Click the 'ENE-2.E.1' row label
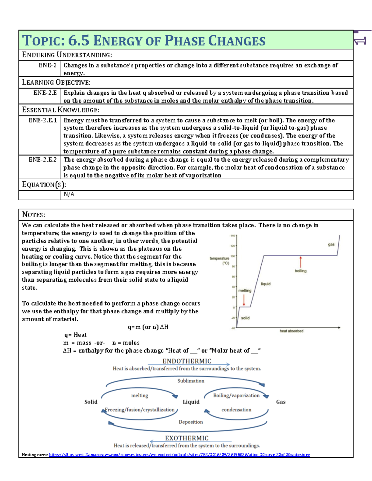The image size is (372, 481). click(43, 120)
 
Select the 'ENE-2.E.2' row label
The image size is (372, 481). click(43, 160)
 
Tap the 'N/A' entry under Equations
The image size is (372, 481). click(69, 194)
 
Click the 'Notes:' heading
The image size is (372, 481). click(33, 215)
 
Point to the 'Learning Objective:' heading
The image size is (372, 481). click(56, 82)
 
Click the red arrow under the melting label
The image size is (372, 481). click(244, 300)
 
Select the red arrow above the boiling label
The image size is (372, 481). click(300, 262)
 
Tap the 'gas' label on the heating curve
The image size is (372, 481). click(331, 245)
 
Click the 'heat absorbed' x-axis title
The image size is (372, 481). click(291, 331)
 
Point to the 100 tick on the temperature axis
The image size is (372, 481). click(233, 256)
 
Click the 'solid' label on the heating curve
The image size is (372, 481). click(245, 318)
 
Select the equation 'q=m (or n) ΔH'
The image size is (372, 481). click(148, 327)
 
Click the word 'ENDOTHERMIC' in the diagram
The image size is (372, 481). click(187, 361)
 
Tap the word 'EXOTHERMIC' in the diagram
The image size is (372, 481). click(187, 438)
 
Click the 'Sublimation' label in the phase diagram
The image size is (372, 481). click(191, 381)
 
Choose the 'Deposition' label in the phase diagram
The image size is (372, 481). click(191, 422)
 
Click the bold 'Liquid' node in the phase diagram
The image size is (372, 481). click(191, 402)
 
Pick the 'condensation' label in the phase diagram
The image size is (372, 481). click(236, 409)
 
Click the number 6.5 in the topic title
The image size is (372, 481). click(78, 41)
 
